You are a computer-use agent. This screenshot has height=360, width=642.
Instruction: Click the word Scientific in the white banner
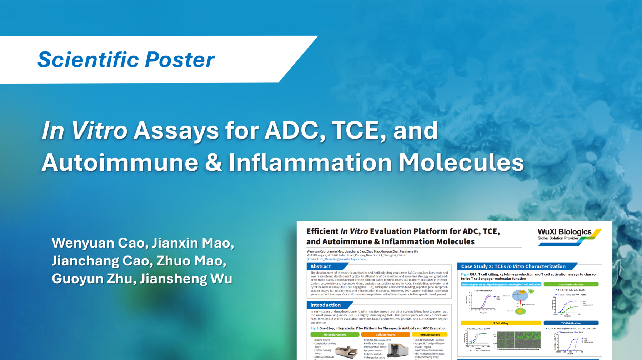pos(88,59)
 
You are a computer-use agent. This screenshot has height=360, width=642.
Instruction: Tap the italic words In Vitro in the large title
pos(85,130)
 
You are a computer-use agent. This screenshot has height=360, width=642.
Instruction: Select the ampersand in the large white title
pos(213,162)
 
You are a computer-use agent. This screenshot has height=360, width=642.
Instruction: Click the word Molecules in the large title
pos(461,162)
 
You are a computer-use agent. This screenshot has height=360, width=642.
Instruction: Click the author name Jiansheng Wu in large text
pos(186,279)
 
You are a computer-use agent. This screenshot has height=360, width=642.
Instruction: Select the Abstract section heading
pos(321,266)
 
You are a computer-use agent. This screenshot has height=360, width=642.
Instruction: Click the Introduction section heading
pos(325,305)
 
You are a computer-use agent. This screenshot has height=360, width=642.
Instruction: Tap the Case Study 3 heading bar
pos(513,266)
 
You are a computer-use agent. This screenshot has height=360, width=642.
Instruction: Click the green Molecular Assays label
pos(335,335)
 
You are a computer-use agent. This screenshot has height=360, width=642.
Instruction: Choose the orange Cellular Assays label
pos(385,335)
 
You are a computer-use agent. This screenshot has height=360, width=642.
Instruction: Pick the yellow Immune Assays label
pos(430,335)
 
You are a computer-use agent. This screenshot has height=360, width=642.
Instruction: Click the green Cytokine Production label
pos(571,284)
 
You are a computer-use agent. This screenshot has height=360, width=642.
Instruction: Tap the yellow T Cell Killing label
pos(501,323)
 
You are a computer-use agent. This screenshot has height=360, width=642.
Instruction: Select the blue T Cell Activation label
pos(571,323)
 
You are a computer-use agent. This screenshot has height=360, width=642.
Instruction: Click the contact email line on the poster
pos(336,259)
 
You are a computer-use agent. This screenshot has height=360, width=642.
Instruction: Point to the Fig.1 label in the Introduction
pos(314,328)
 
